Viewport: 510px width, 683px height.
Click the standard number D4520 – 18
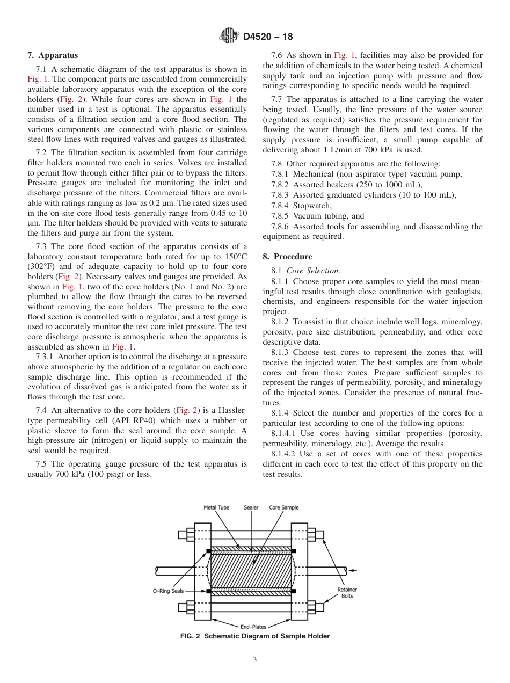coord(268,37)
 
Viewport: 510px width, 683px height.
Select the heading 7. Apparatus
coord(53,55)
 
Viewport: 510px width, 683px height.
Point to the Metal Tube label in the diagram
coord(216,507)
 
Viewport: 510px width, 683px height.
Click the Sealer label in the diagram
coord(251,507)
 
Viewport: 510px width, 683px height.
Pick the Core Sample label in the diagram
coord(284,507)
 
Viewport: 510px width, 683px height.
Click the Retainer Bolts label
coord(347,593)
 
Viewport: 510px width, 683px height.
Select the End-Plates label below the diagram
coord(253,627)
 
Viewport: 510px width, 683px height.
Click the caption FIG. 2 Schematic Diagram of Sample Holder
coord(255,636)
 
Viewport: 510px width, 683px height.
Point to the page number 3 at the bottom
coord(255,660)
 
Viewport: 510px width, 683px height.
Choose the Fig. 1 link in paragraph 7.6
coord(345,55)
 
